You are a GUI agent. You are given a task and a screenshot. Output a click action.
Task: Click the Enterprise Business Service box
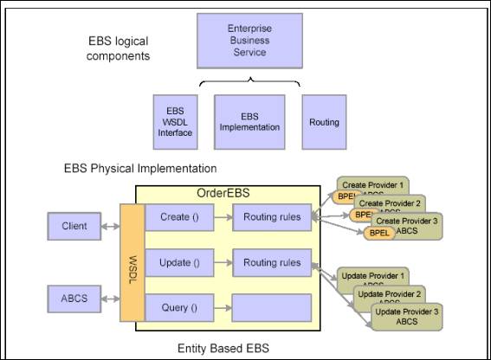coord(249,40)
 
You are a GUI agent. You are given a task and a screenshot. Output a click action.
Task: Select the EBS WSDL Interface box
coord(175,122)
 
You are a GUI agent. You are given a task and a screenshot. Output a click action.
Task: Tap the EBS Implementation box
coord(249,122)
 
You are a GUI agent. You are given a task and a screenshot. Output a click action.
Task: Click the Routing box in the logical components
coord(324,122)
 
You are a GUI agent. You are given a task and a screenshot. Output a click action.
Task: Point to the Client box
coord(74,227)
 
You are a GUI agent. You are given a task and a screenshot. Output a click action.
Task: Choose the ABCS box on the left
coord(74,299)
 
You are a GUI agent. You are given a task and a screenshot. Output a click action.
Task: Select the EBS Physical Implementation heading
coord(140,168)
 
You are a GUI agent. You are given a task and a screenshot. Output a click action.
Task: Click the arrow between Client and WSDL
coord(111,227)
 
